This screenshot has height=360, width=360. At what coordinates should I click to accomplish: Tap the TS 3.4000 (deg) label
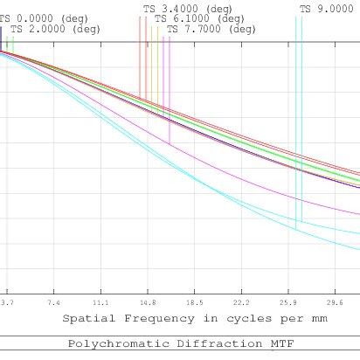189,8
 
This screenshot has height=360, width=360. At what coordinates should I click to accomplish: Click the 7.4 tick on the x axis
54,302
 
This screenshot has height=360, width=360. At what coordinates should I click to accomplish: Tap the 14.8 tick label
148,302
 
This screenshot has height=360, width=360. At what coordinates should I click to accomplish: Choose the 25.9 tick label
288,302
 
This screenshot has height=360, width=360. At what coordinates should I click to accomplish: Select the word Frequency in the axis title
149,319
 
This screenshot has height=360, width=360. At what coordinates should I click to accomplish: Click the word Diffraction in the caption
209,345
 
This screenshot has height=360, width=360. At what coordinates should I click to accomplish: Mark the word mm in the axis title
320,319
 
